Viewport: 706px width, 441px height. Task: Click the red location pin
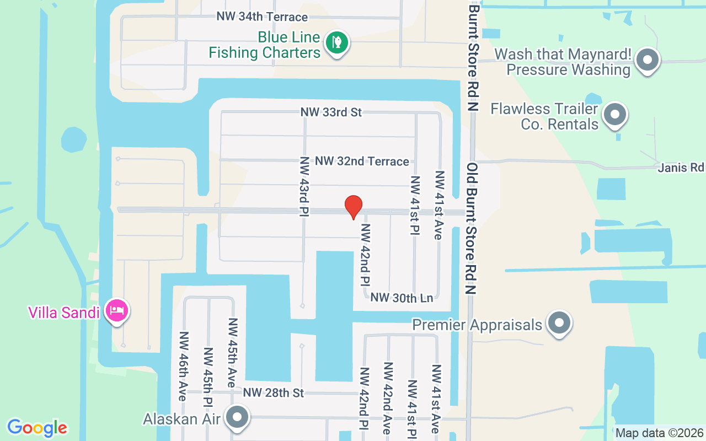353,207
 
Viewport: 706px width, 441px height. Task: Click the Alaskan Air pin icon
238,417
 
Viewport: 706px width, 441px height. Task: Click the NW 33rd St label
331,112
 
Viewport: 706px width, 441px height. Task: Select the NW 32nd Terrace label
362,162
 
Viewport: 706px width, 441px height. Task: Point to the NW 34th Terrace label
262,17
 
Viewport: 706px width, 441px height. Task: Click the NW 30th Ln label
402,298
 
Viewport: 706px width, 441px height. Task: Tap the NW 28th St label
274,393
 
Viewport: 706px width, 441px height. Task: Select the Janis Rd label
681,167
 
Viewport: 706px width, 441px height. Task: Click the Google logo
37,428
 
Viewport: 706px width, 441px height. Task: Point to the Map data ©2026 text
659,433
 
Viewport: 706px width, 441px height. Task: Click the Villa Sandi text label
64,313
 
